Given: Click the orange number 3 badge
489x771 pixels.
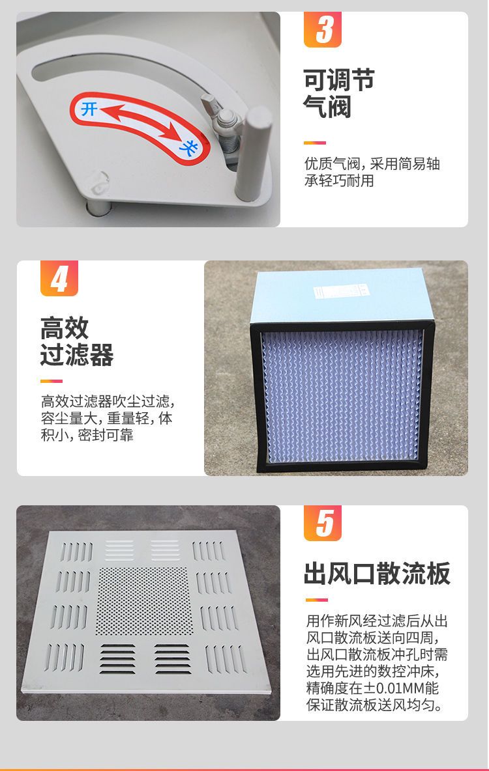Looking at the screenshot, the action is point(323,29).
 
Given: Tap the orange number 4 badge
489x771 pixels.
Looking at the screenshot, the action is point(59,278).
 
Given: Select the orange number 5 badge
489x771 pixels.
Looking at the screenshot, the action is point(323,523).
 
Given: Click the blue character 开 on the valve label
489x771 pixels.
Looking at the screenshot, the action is point(89,108).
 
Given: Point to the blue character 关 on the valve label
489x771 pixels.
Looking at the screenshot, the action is point(188,146).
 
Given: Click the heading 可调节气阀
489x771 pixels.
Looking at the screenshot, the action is point(339,93).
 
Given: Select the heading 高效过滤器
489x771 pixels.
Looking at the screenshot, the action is point(77,341).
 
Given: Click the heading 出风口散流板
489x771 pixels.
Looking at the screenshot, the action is point(377,573).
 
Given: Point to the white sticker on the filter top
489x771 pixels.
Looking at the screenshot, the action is point(341,292).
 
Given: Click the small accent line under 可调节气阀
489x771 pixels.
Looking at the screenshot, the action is point(315,143).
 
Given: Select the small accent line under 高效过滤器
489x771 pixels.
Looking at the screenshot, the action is point(52,380).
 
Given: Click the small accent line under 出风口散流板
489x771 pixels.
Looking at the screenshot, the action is point(316,600).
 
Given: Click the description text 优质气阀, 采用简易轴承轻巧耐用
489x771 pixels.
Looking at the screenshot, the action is point(372,172).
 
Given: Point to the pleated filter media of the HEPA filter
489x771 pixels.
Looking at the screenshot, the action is point(342,396).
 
